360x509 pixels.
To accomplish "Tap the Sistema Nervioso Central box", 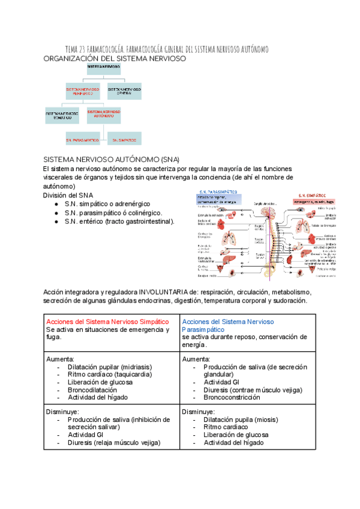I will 125,91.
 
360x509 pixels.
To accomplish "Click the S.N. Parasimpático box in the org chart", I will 83,139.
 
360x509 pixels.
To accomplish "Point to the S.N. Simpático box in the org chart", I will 124,139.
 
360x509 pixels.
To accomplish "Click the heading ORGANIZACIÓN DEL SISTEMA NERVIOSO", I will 115,59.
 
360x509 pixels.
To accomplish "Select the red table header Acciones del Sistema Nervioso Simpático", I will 108,322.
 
